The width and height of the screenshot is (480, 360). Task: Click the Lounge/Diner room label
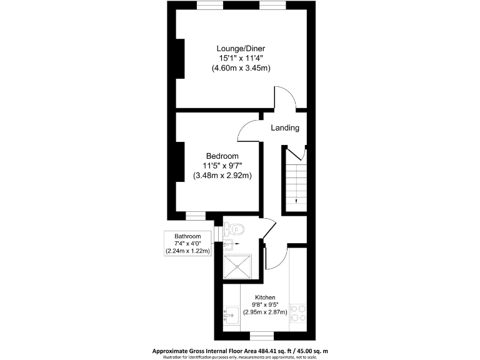pos(241,48)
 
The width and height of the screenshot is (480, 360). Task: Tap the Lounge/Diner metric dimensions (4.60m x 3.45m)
pos(241,67)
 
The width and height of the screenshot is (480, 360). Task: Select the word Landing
pos(284,127)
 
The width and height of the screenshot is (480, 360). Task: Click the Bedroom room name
pos(222,156)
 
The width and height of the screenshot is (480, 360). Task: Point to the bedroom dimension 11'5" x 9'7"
pos(222,166)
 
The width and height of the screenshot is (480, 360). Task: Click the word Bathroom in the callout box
pos(187,236)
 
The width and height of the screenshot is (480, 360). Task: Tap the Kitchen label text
pos(264,297)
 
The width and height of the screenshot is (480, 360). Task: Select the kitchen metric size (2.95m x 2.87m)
pos(264,312)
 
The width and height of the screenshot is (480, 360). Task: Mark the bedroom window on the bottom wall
pos(196,216)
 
